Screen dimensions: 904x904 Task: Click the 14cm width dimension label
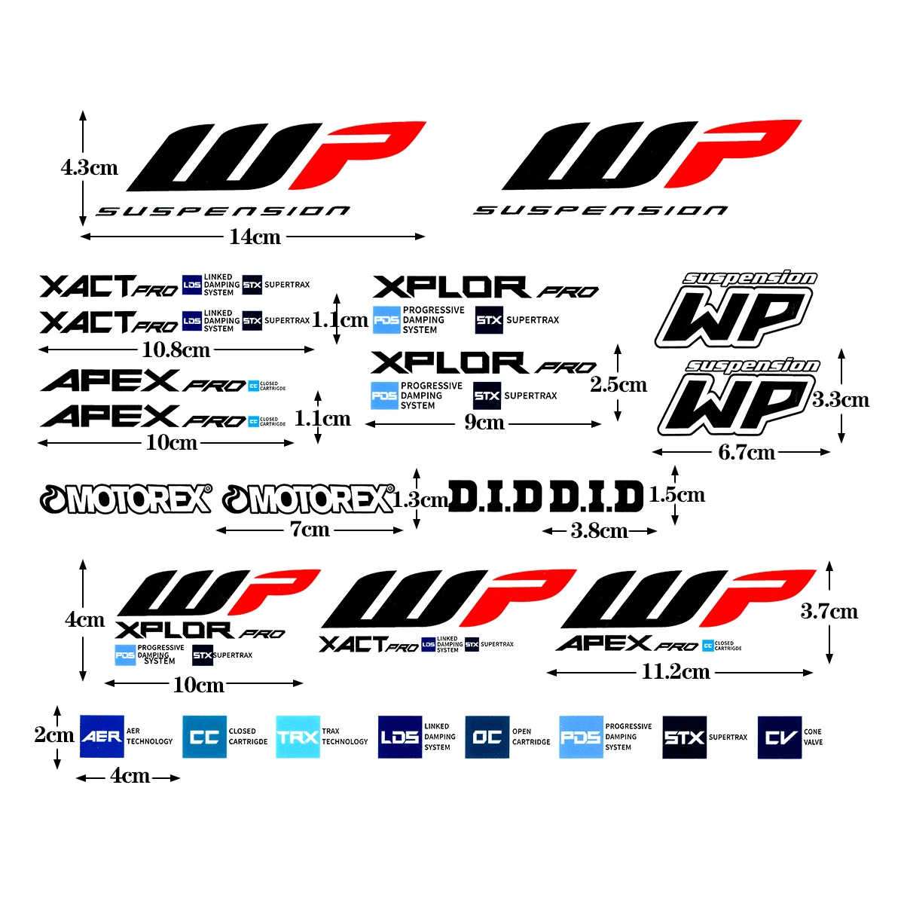coord(255,237)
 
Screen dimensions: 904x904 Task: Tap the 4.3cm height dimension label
coord(90,167)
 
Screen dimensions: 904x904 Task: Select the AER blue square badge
coord(102,736)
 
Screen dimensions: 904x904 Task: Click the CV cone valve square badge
coord(779,737)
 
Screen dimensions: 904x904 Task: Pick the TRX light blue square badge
coord(298,737)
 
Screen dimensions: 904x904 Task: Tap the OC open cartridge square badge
coord(487,737)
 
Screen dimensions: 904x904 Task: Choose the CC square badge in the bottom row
coord(204,737)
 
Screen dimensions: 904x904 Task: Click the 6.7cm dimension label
coord(747,452)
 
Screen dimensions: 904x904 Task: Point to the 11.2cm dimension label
coord(676,671)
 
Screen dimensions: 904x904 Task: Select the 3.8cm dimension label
coord(599,531)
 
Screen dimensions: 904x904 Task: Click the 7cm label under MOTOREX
coord(310,530)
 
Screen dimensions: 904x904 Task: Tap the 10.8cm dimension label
coord(176,350)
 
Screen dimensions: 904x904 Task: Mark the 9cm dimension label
coord(484,423)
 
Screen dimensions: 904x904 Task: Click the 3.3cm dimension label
coord(841,399)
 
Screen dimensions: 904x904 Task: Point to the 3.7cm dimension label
coord(829,611)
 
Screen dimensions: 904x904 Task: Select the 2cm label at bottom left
coord(54,734)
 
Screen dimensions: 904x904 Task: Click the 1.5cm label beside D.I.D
coord(676,495)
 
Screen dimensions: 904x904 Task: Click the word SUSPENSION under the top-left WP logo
coord(223,212)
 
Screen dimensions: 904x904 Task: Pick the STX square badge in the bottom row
coord(684,737)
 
